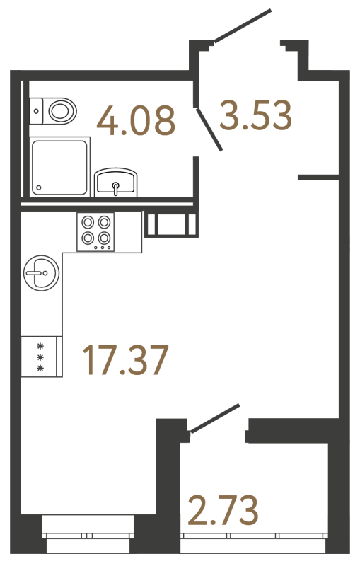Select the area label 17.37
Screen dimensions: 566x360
pyautogui.click(x=125, y=362)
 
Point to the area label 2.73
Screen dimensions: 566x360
pyautogui.click(x=222, y=511)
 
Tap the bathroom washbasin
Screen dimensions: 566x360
pyautogui.click(x=116, y=182)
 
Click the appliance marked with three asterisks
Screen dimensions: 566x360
pyautogui.click(x=41, y=357)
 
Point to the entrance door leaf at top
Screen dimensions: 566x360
pyautogui.click(x=242, y=25)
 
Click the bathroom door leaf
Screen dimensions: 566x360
pyautogui.click(x=211, y=129)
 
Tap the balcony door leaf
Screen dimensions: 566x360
pyautogui.click(x=214, y=417)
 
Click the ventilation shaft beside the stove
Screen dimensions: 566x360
pyautogui.click(x=170, y=225)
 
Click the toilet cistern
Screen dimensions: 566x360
pyautogui.click(x=37, y=110)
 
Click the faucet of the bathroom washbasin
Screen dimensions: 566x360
pyautogui.click(x=116, y=186)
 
